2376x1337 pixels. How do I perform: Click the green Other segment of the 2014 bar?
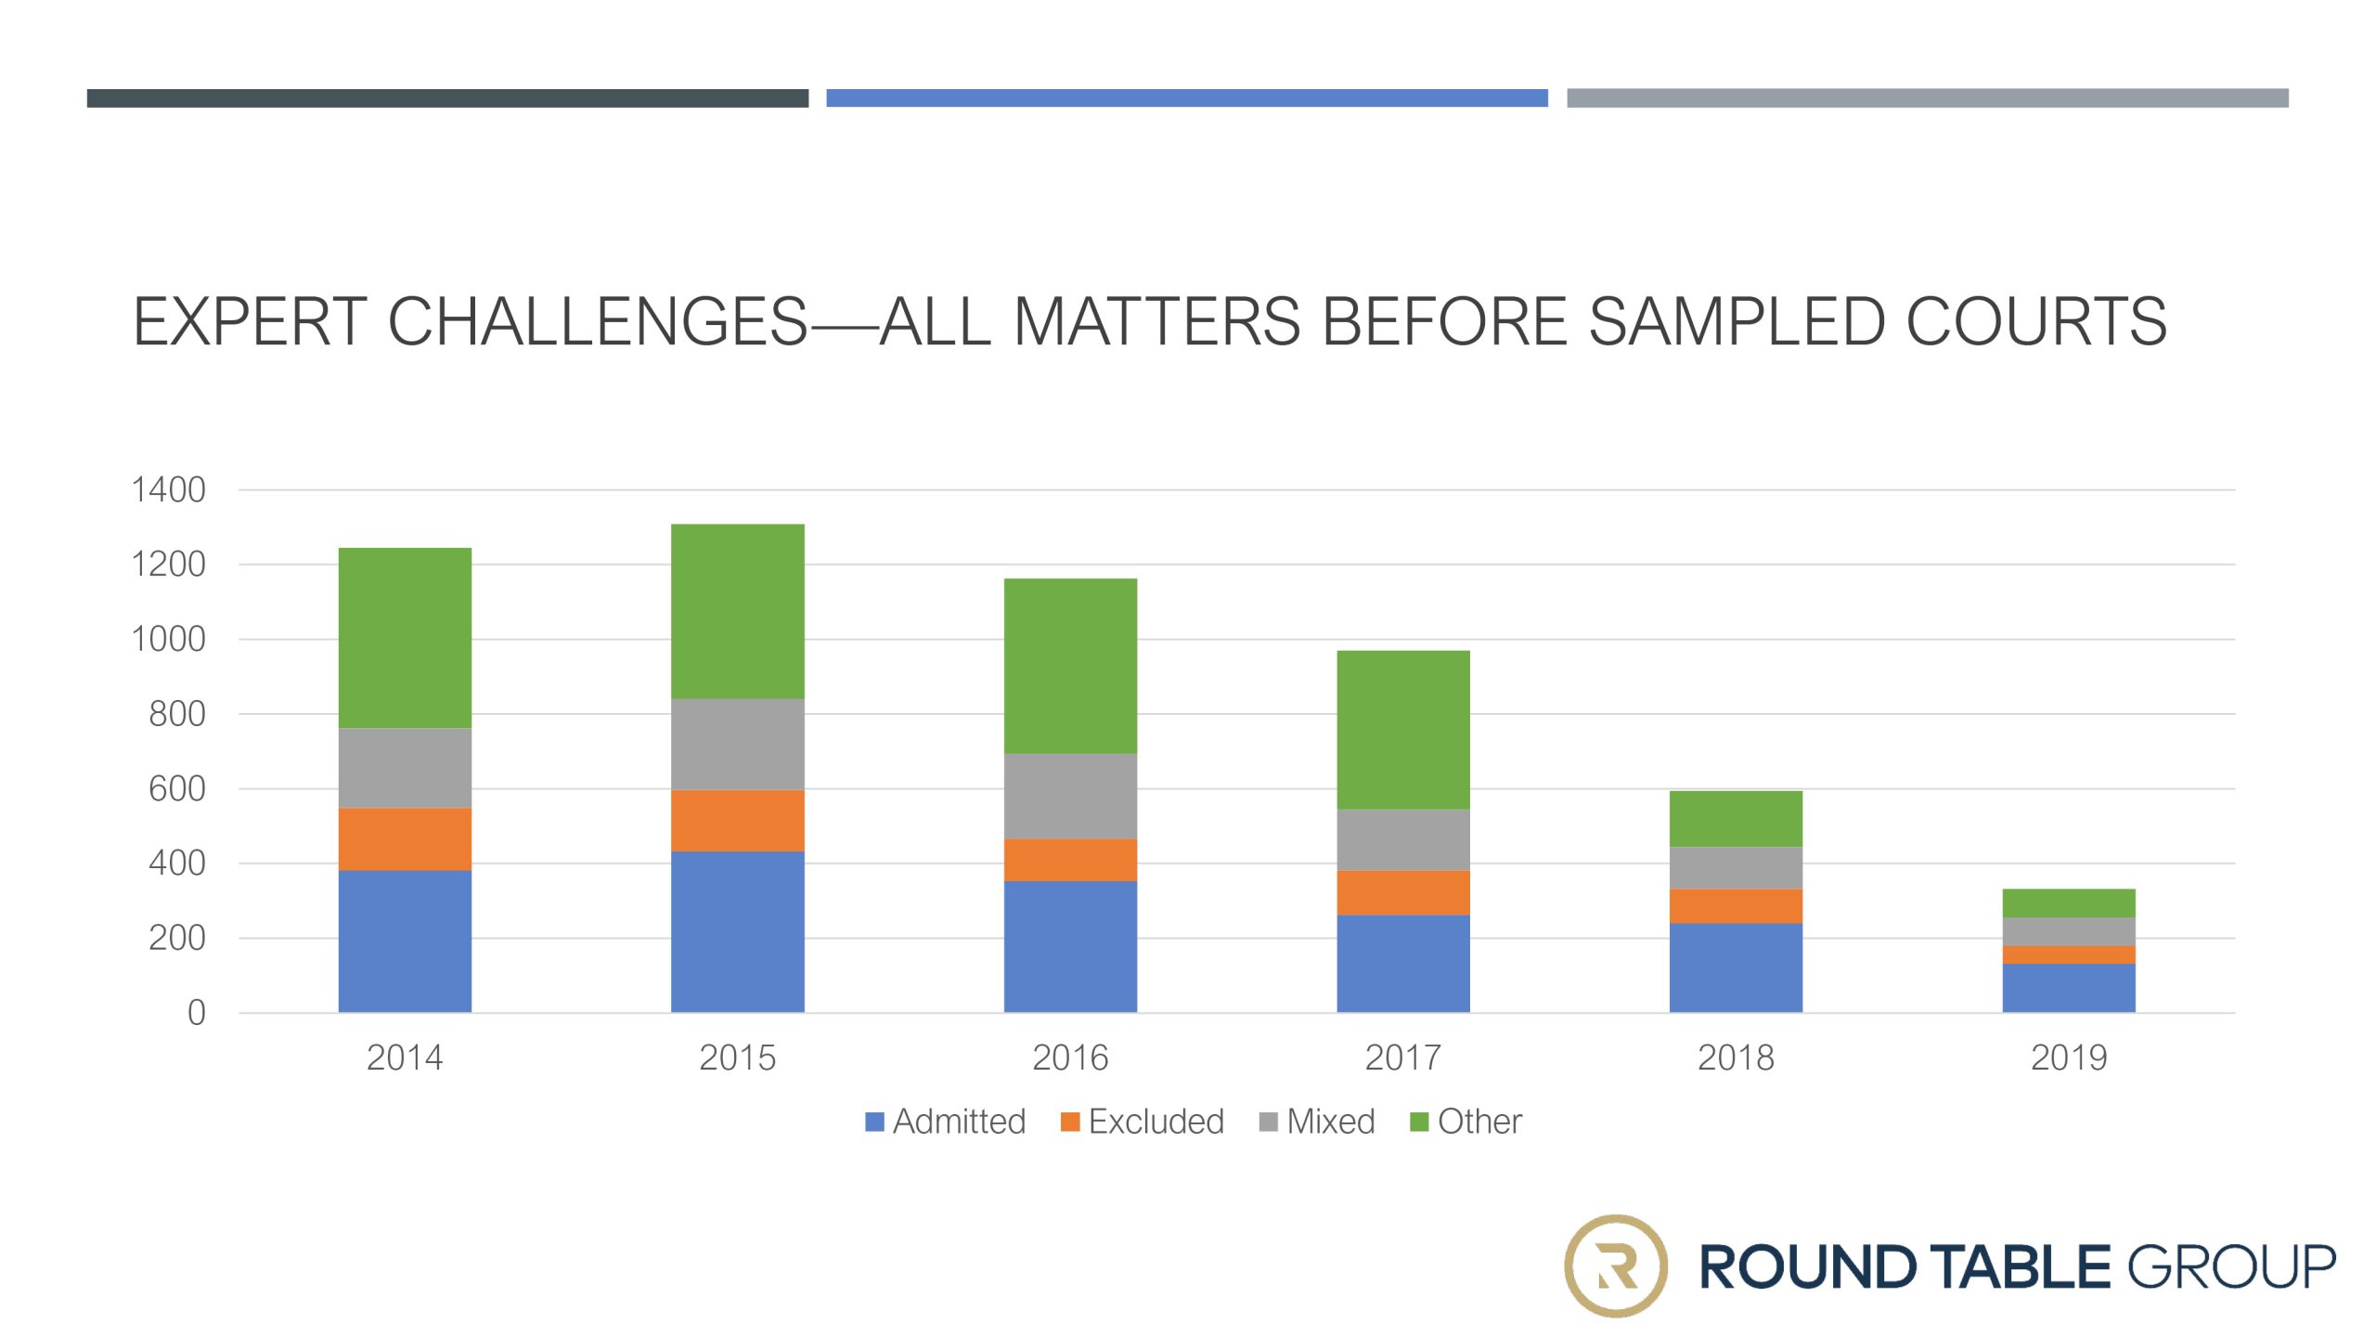coord(405,638)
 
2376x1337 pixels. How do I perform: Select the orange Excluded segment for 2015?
coord(738,821)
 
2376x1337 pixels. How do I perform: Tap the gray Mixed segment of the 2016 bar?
coord(1070,797)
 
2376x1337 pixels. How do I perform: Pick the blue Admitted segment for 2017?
coord(1403,964)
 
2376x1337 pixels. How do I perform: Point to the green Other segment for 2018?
coord(1736,819)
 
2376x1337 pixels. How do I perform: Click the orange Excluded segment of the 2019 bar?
coord(2069,954)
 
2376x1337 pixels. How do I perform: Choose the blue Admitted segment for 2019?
coord(2069,988)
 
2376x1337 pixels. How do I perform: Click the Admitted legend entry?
coord(946,1122)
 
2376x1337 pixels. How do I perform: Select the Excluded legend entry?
coord(1143,1122)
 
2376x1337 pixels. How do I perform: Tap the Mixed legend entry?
coord(1317,1122)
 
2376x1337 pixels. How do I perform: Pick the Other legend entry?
coord(1466,1122)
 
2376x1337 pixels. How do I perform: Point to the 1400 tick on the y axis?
coord(169,489)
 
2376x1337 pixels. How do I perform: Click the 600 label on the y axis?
coord(177,789)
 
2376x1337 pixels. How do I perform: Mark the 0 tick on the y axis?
coord(197,1013)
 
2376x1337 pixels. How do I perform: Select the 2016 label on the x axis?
coord(1070,1058)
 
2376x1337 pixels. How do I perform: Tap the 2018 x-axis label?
coord(1736,1058)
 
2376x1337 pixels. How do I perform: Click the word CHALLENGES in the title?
coord(598,322)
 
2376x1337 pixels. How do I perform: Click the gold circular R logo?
coord(1616,1266)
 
